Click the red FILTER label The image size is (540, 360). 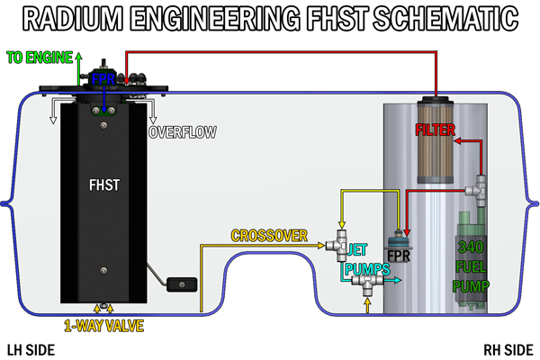[436, 130]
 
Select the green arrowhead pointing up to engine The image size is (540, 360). [78, 56]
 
